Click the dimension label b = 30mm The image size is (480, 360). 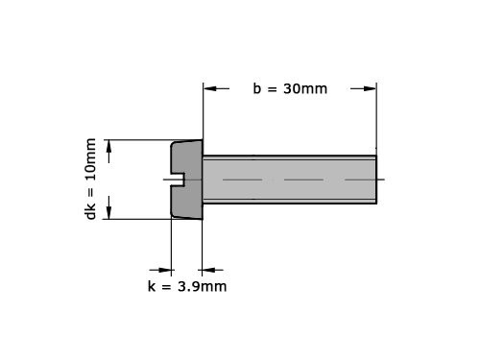(x=290, y=88)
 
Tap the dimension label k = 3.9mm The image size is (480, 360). (x=187, y=286)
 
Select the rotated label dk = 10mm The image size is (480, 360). (x=91, y=180)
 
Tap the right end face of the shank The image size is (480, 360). (x=375, y=179)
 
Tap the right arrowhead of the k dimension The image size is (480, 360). (x=208, y=269)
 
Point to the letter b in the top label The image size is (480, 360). (x=257, y=88)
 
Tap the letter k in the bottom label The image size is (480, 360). (x=151, y=286)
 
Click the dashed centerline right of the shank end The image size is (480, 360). (x=381, y=180)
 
